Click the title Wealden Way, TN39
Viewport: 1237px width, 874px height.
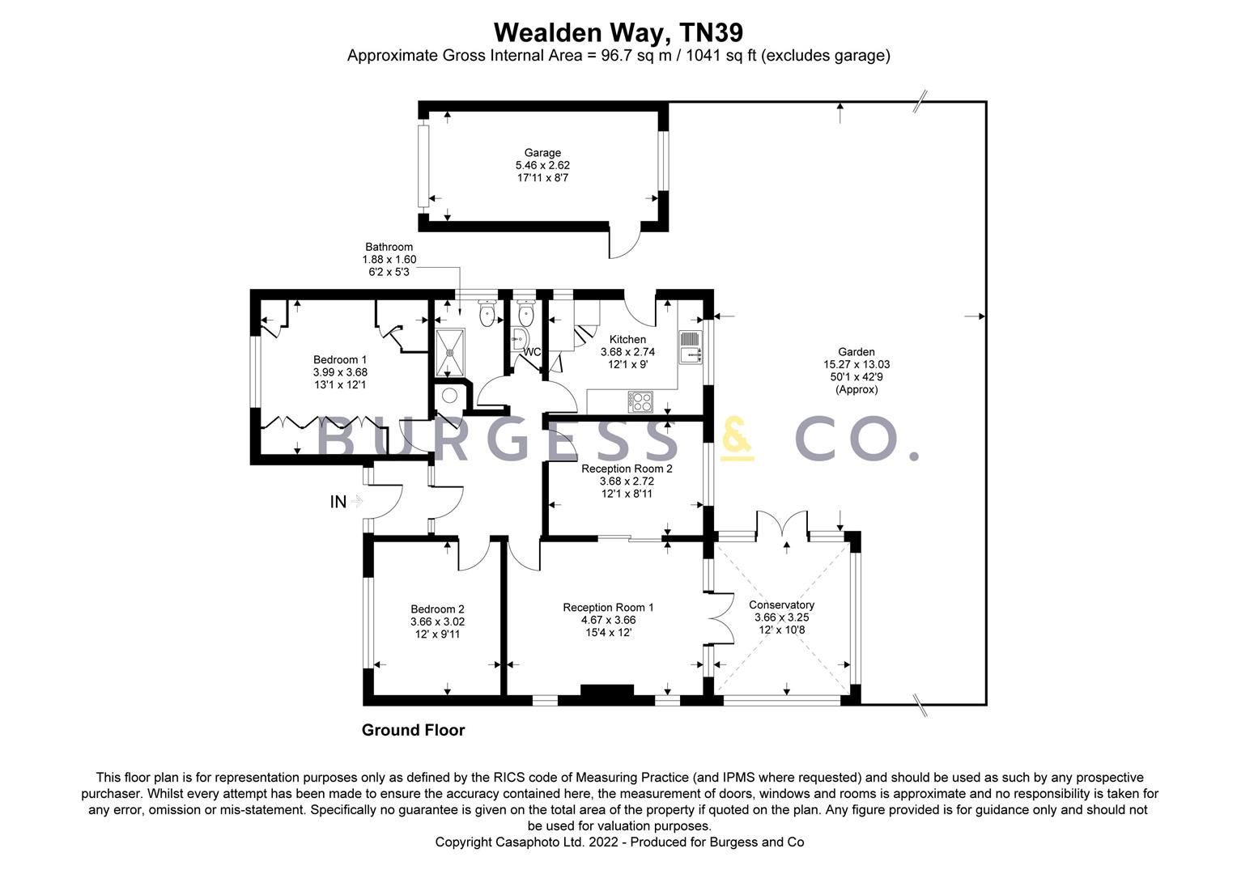[x=618, y=32]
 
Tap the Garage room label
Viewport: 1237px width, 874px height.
[x=542, y=153]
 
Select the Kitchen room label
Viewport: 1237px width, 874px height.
[x=627, y=339]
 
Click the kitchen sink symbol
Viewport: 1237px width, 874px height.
[x=691, y=346]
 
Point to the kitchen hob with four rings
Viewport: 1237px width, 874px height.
[x=641, y=401]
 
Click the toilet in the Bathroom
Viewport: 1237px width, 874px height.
[x=487, y=312]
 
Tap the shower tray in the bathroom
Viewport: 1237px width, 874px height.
[x=451, y=351]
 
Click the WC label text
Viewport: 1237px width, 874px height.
[x=532, y=352]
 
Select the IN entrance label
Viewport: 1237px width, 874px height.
[x=338, y=502]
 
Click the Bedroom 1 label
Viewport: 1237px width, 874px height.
[x=340, y=359]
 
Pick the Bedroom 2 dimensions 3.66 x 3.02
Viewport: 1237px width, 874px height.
[x=437, y=622]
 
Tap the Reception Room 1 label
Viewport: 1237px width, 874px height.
[x=608, y=607]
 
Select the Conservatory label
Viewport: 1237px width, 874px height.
[x=781, y=605]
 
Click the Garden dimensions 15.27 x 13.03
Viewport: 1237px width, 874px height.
[x=857, y=364]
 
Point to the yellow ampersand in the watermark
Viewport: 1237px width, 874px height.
[x=737, y=439]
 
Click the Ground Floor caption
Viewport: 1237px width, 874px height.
[x=413, y=730]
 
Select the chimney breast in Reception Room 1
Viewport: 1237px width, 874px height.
[x=607, y=693]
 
